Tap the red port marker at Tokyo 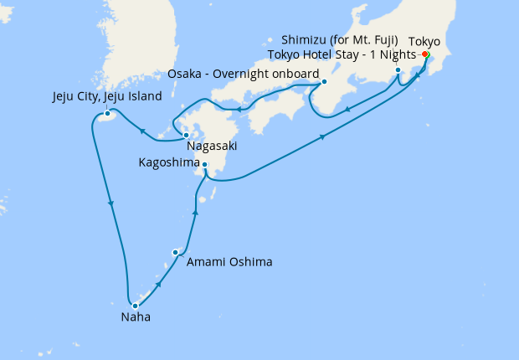coord(426,55)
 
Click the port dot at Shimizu coord(398,70)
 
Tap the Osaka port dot coord(324,82)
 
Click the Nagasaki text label coord(212,146)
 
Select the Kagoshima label coord(167,165)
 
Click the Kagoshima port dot coord(205,165)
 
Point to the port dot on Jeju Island coord(107,114)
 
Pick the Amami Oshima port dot coord(176,252)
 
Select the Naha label coord(136,317)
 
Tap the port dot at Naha coord(135,306)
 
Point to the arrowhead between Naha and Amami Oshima coord(159,285)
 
